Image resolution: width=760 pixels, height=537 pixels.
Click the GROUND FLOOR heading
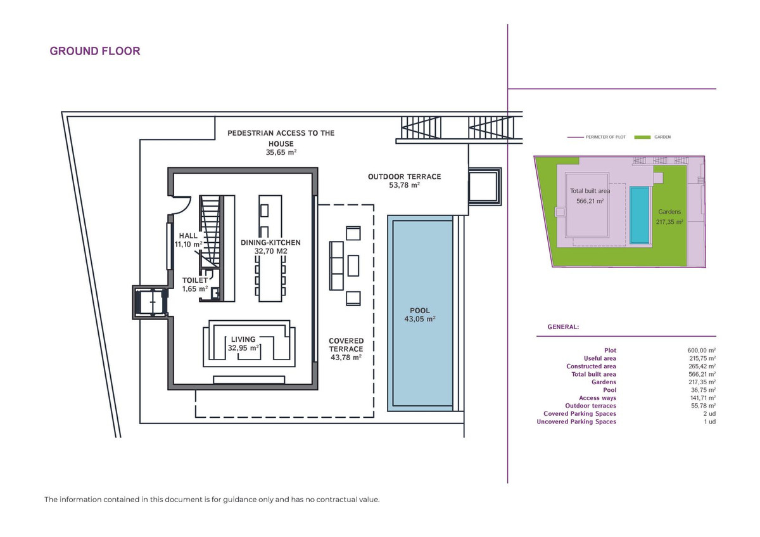click(x=95, y=51)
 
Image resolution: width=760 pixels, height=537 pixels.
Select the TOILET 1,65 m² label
click(x=195, y=284)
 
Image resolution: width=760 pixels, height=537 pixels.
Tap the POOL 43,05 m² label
click(x=420, y=315)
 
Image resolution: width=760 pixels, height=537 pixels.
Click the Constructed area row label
click(x=591, y=366)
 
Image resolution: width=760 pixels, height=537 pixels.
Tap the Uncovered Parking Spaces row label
click(x=576, y=422)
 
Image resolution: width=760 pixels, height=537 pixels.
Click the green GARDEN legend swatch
click(x=642, y=137)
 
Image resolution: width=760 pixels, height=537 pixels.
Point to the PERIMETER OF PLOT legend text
click(x=605, y=137)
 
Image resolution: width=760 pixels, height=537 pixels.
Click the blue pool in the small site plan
click(x=640, y=215)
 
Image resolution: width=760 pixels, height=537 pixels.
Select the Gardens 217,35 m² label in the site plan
click(x=670, y=217)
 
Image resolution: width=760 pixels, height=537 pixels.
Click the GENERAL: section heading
click(x=562, y=327)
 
